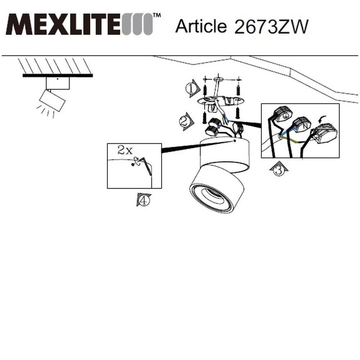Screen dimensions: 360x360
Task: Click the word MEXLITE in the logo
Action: tap(62, 24)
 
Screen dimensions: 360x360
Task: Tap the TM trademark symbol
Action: tap(157, 15)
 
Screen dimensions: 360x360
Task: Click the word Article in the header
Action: tap(201, 26)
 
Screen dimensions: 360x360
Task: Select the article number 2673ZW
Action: tap(271, 27)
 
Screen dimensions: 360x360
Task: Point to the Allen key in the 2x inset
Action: tap(147, 166)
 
